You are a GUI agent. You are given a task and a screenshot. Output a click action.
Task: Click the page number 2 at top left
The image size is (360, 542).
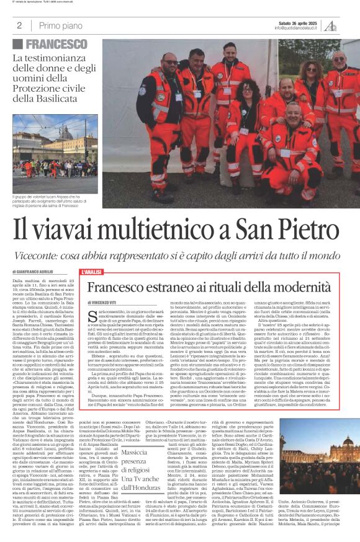pos(20,25)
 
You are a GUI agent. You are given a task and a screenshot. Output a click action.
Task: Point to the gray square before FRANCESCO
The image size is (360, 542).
pos(19,44)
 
